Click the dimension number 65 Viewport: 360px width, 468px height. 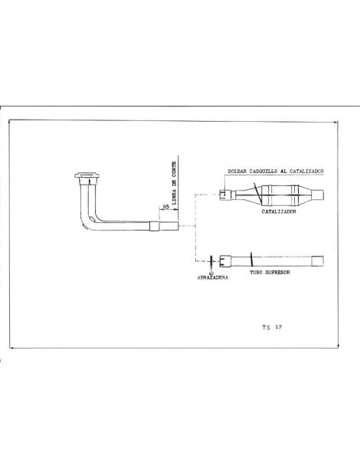(165, 208)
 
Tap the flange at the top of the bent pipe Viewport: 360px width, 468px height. (86, 179)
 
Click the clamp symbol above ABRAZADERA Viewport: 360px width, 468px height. (211, 260)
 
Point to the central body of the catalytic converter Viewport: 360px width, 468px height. (280, 191)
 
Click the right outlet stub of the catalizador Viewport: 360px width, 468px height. (319, 191)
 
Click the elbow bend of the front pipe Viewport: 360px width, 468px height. (90, 221)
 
